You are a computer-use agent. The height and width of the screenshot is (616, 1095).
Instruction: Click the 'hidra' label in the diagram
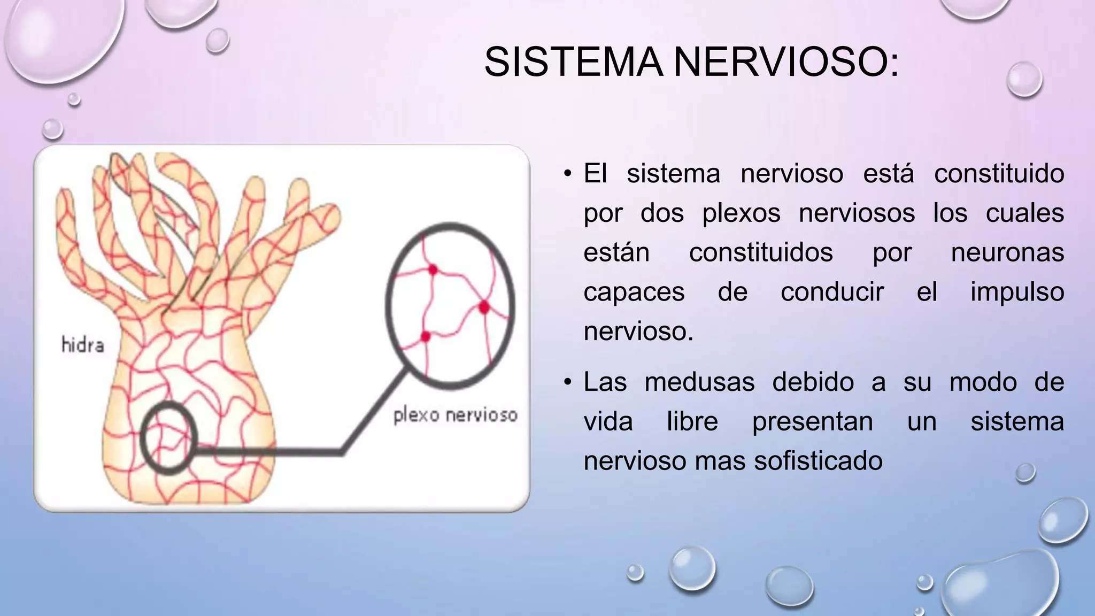coord(82,345)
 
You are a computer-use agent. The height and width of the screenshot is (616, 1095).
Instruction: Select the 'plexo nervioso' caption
coord(456,415)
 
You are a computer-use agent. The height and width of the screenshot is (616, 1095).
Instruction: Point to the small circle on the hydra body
coord(168,438)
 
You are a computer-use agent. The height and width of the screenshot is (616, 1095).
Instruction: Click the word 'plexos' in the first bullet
coord(741,213)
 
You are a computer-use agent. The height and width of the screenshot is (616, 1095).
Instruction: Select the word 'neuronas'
coord(1007,252)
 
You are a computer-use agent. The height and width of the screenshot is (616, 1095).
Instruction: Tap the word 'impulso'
coord(1017,292)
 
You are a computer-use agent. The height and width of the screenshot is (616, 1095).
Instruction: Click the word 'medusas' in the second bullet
coord(699,382)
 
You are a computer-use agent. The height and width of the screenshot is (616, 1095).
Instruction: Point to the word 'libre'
coord(692,421)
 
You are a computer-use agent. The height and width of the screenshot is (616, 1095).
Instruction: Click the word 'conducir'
coord(832,292)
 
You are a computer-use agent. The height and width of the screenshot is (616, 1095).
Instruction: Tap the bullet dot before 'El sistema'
coord(567,174)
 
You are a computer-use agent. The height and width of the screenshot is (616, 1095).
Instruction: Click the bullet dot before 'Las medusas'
coord(567,382)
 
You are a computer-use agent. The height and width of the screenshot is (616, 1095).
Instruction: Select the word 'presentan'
coord(812,421)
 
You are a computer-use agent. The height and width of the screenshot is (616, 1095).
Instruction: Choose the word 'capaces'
coord(634,292)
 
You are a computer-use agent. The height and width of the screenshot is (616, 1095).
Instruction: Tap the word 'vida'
coord(608,421)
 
